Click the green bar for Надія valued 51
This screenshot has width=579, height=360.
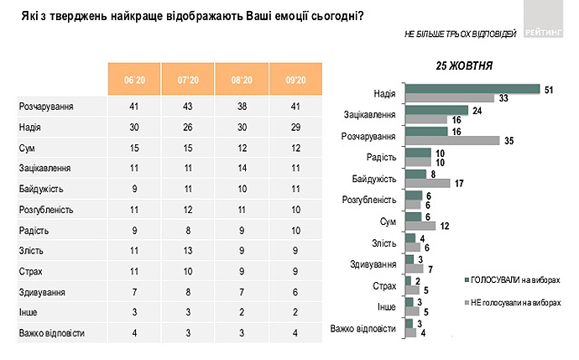(x=471, y=88)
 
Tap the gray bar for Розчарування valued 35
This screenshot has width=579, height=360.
(x=451, y=140)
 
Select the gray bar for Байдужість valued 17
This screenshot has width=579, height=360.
(x=426, y=183)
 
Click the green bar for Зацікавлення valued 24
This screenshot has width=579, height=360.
(x=436, y=110)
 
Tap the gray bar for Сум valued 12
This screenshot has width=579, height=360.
(x=420, y=226)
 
